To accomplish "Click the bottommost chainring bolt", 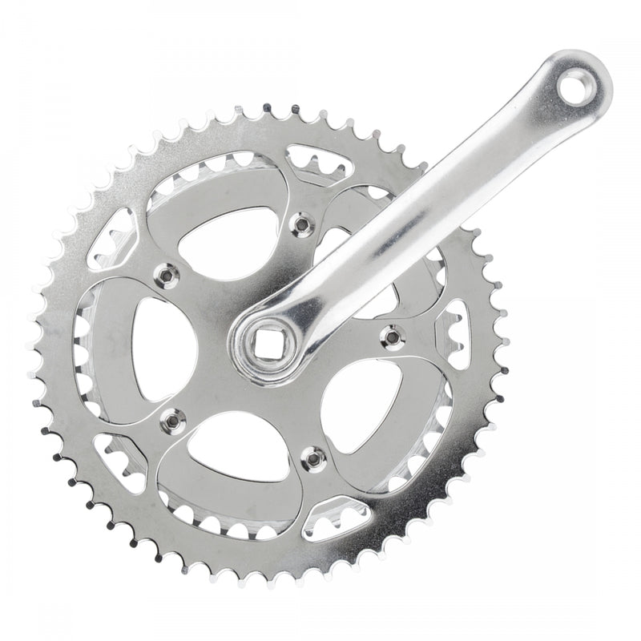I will (313, 458).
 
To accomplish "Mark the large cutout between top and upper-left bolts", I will (228, 240).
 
